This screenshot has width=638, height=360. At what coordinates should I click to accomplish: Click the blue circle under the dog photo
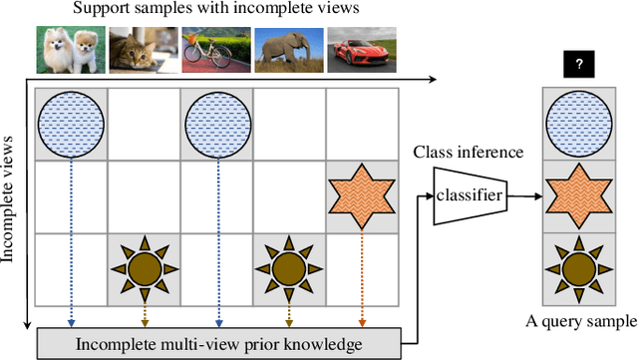coord(70,124)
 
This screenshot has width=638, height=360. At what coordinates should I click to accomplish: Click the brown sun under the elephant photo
coord(288,268)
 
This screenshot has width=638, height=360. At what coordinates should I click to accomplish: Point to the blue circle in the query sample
coord(579,124)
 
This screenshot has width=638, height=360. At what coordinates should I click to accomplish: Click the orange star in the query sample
coord(579,196)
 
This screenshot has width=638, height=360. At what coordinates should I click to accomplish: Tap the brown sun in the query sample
coord(579,268)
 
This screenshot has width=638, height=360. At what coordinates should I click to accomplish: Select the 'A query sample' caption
coord(580,321)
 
